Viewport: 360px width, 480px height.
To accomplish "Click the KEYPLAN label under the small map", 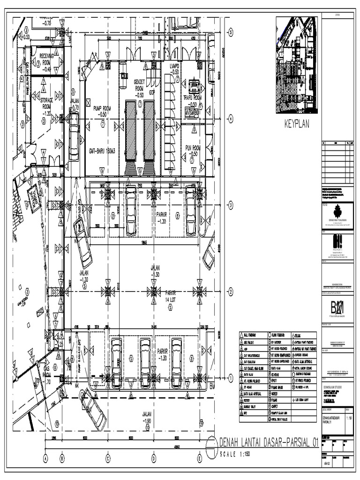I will [296, 126].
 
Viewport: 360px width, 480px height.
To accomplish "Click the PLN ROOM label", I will [193, 148].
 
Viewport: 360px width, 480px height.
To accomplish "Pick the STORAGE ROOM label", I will [46, 103].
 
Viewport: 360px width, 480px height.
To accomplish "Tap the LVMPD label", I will [175, 69].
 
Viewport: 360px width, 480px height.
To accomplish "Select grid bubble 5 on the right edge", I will [231, 32].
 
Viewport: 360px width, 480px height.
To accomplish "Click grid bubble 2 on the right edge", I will [231, 291].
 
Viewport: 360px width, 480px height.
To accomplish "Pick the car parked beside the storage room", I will [74, 136].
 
